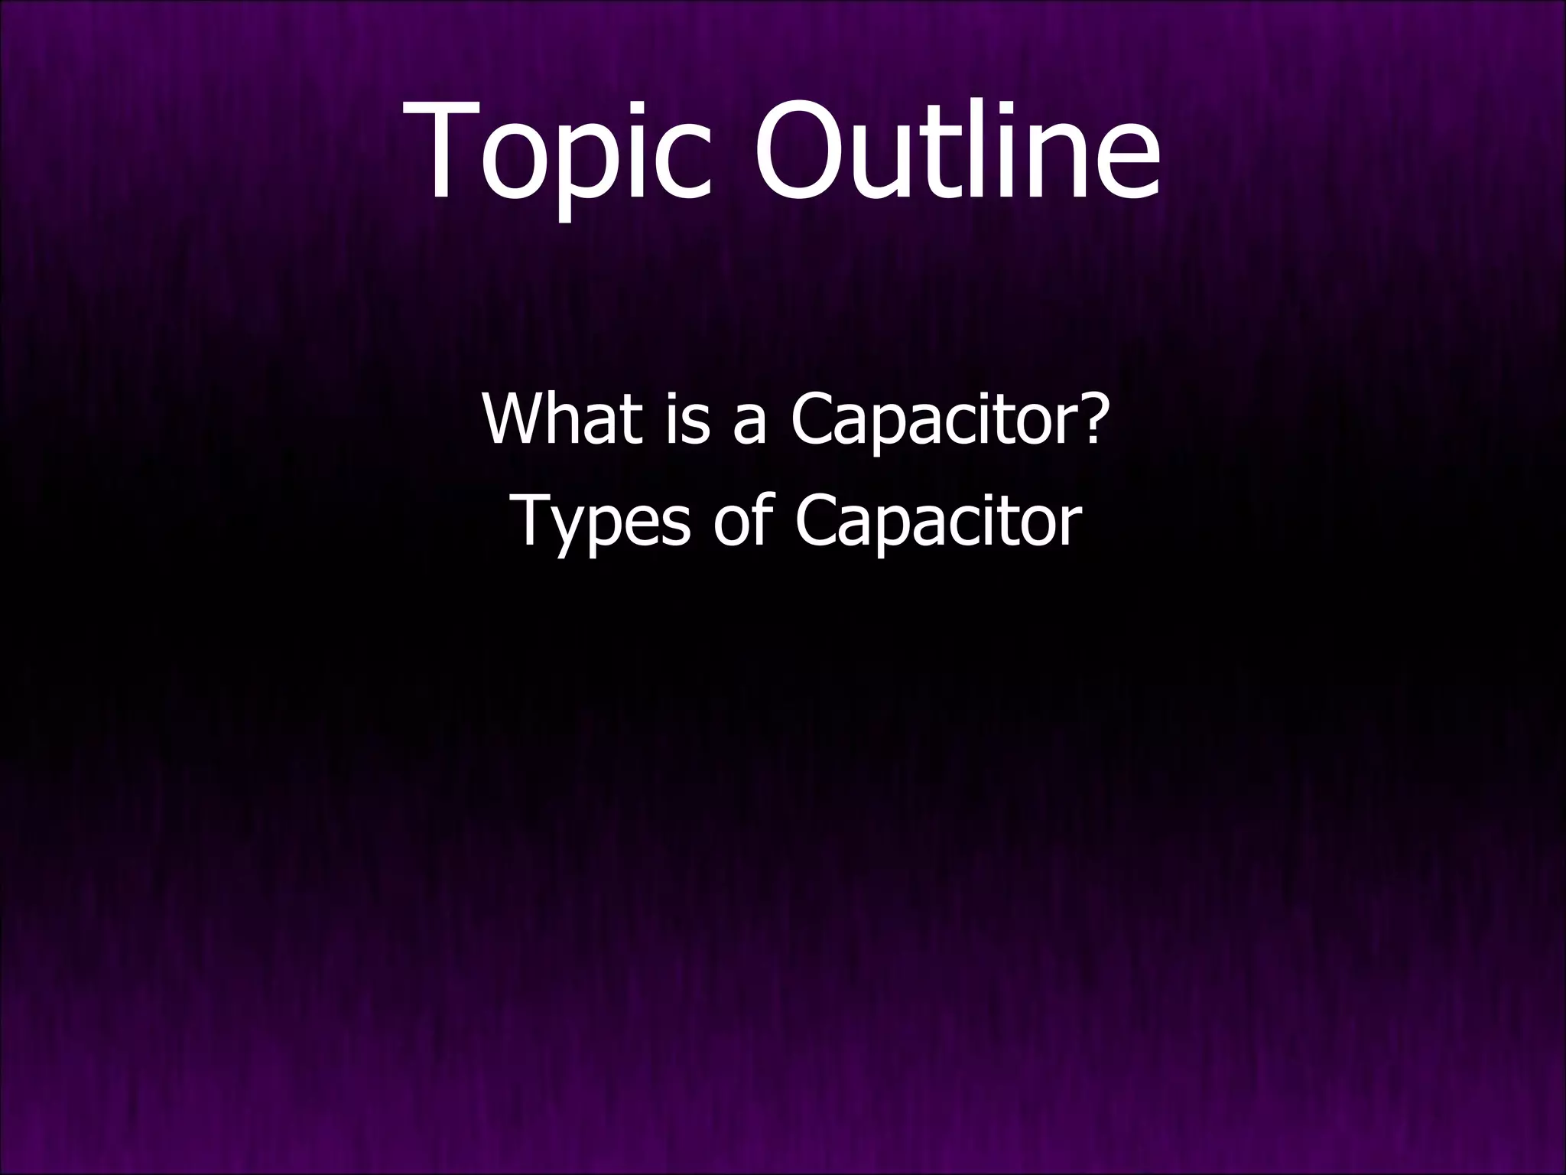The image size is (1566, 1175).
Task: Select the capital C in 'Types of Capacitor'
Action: [819, 520]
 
